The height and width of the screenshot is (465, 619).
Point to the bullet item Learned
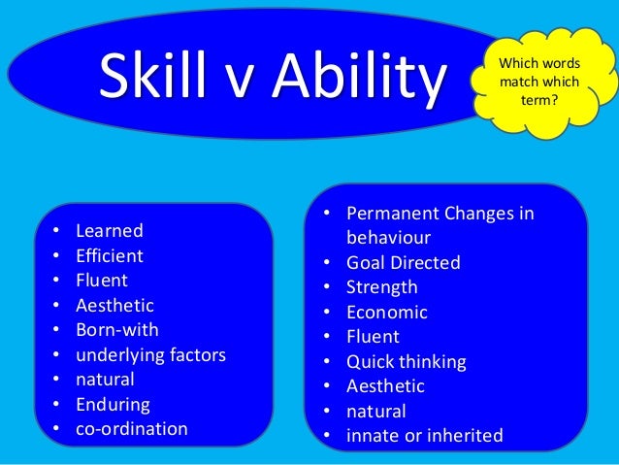coord(109,231)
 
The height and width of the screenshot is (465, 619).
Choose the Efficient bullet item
coord(109,256)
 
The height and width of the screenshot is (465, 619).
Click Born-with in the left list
coord(116,330)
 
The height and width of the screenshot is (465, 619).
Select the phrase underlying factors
coord(150,355)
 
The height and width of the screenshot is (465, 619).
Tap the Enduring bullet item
coord(112,405)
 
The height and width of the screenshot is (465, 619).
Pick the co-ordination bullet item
coord(132,429)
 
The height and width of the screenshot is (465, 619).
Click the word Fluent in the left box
coord(102,281)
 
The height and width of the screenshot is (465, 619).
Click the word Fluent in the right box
coord(373,337)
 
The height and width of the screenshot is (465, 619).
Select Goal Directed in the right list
coord(404,262)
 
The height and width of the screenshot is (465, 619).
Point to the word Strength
coord(382,287)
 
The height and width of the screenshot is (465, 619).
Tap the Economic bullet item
coord(387,313)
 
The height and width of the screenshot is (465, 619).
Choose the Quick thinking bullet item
coord(407,362)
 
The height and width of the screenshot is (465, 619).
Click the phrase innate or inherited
coord(425,436)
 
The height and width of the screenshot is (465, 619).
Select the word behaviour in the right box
coord(389,238)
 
